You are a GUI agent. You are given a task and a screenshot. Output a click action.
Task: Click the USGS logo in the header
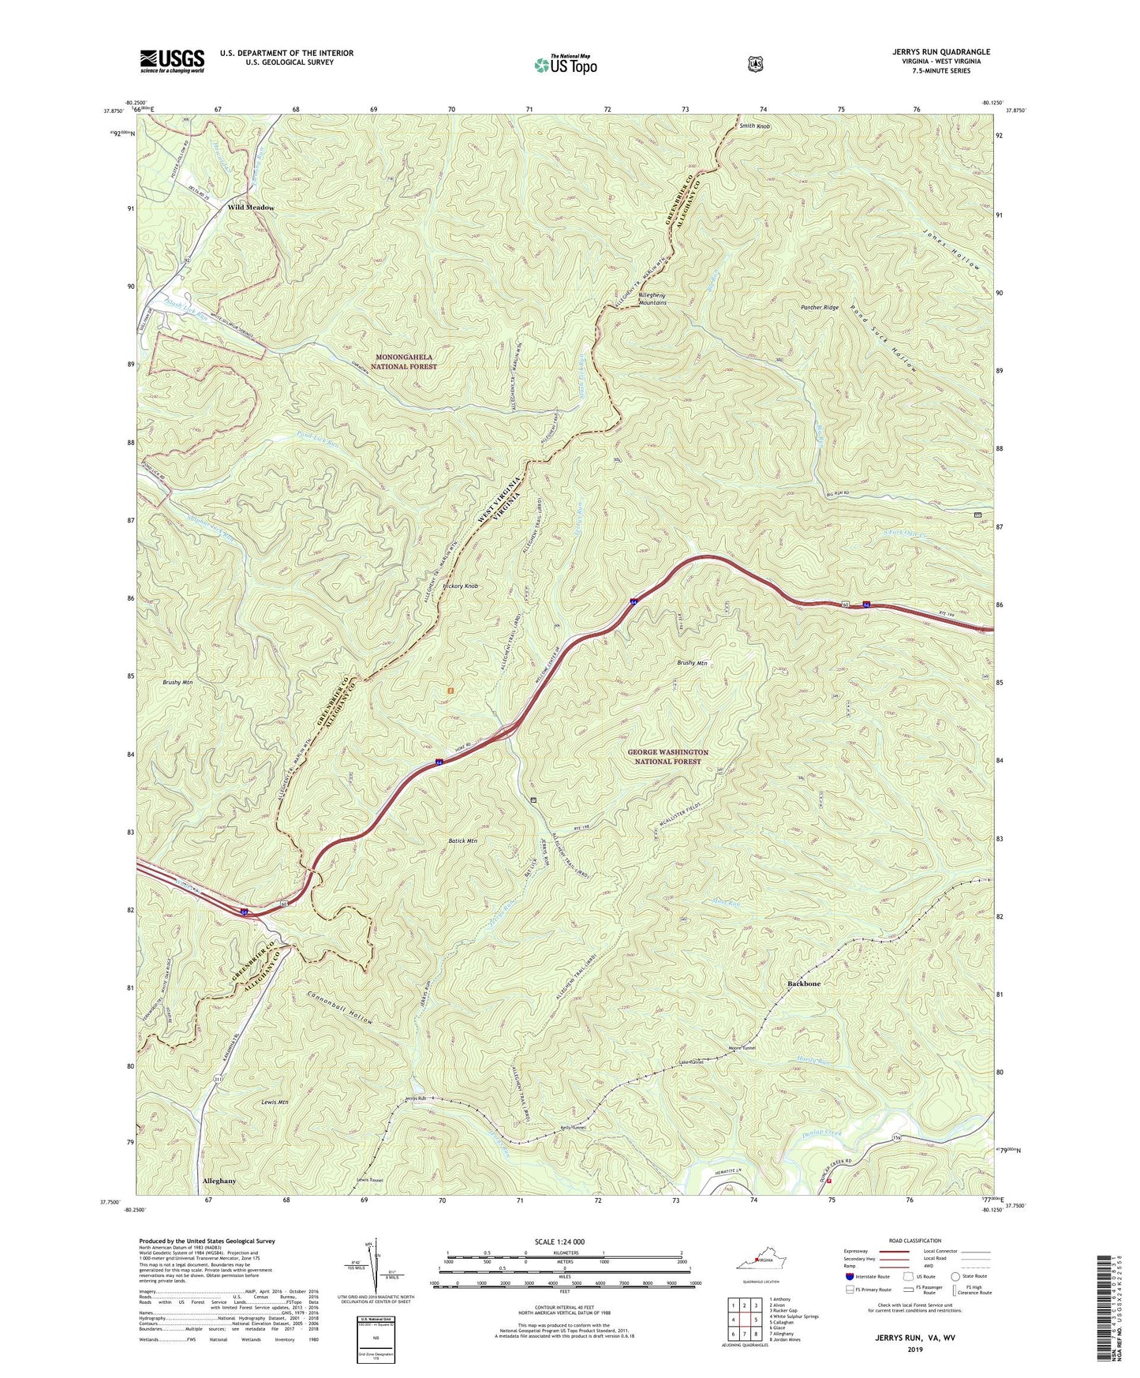pyautogui.click(x=172, y=61)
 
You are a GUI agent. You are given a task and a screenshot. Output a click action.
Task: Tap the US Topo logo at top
pyautogui.click(x=564, y=65)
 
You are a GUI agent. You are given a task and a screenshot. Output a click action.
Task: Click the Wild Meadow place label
pyautogui.click(x=251, y=207)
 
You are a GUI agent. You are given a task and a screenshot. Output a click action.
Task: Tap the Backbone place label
pyautogui.click(x=804, y=984)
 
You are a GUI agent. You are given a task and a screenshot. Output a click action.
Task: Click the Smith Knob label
pyautogui.click(x=754, y=125)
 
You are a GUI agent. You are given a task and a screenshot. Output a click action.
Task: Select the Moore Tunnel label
pyautogui.click(x=742, y=1048)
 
